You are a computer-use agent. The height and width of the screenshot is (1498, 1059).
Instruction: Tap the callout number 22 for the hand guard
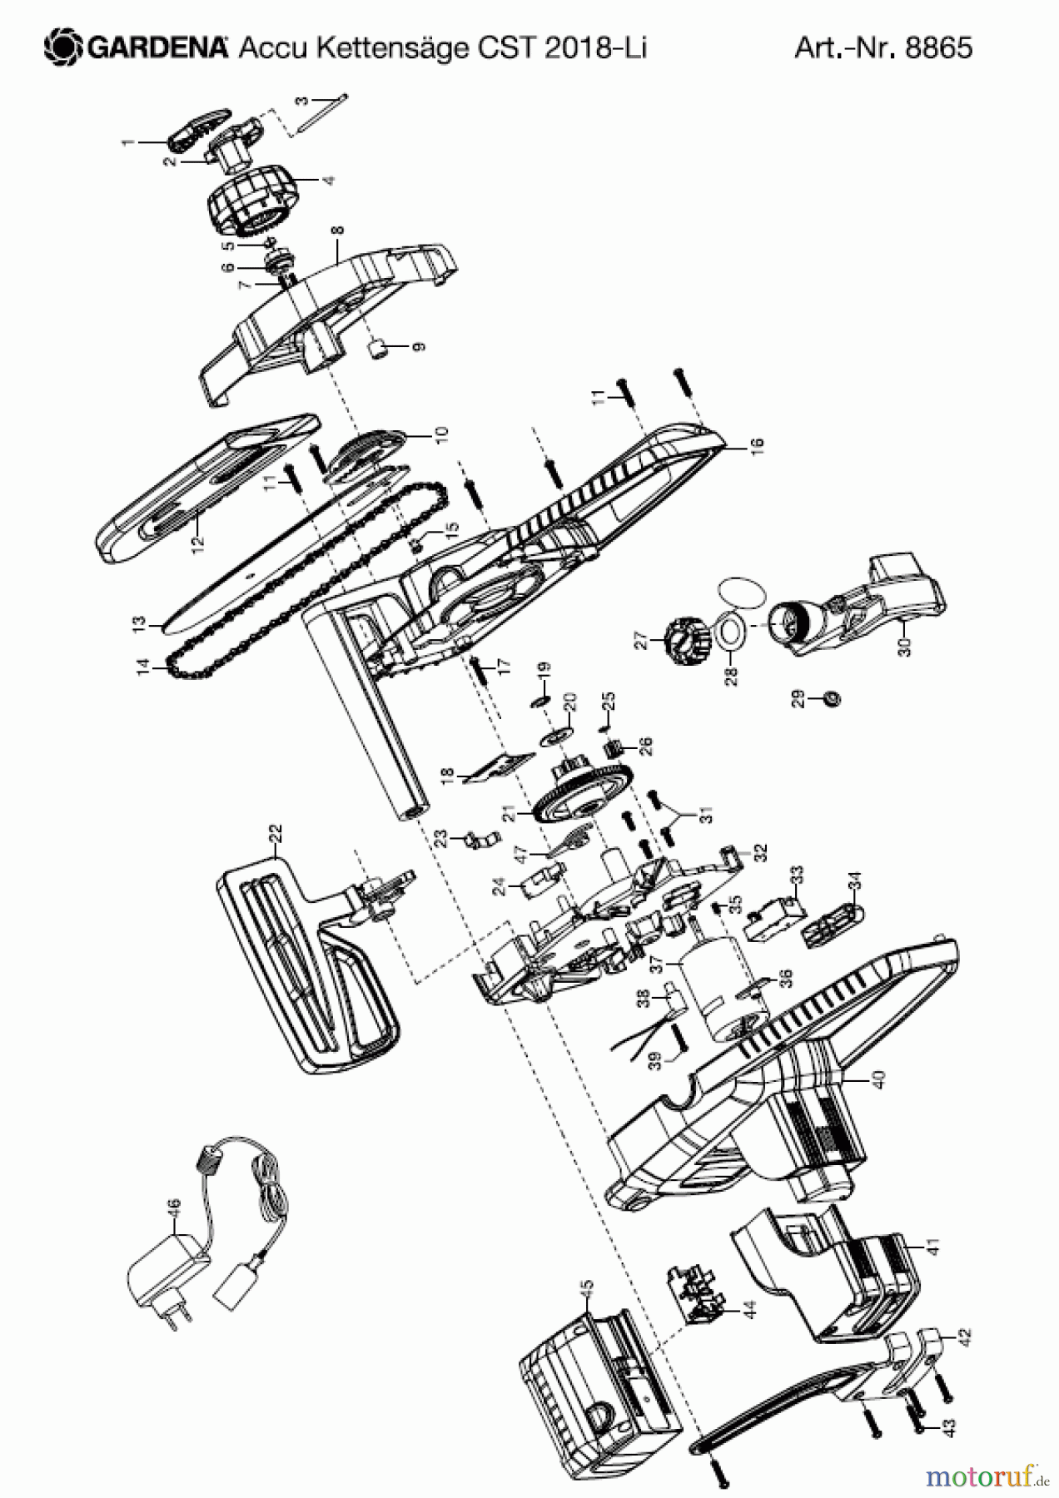[276, 833]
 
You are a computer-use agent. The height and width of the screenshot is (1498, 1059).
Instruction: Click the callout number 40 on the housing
[878, 1079]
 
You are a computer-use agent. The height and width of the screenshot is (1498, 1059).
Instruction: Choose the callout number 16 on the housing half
[756, 447]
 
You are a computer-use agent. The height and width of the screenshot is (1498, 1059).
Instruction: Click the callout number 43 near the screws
[950, 1426]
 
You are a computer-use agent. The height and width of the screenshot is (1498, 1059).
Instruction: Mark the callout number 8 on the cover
[337, 232]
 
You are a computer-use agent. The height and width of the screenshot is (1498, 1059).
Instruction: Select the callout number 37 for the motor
[656, 965]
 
